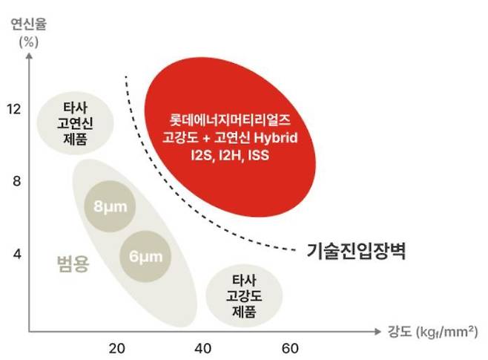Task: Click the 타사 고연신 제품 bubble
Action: coord(75,122)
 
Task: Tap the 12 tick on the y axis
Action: coord(13,109)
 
